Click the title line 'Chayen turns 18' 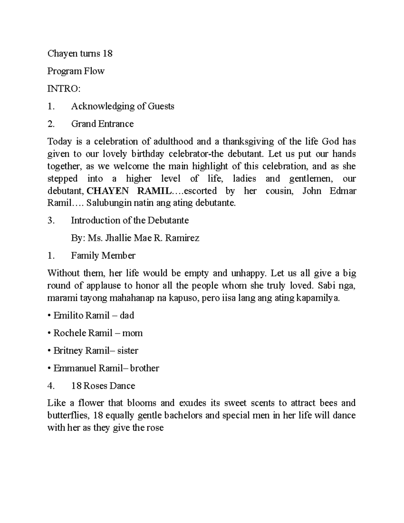coord(80,54)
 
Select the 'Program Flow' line coord(76,71)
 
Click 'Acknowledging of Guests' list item coord(123,106)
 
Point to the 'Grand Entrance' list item coord(102,124)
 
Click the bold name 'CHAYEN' coord(108,191)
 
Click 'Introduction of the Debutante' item coord(130,221)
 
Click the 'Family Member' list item coord(103,256)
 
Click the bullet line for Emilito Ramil coord(91,316)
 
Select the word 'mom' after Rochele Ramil coord(132,333)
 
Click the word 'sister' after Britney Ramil coord(128,351)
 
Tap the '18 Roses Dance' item coord(103,386)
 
